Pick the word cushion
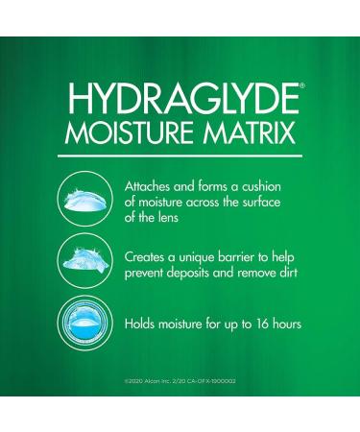276,182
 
